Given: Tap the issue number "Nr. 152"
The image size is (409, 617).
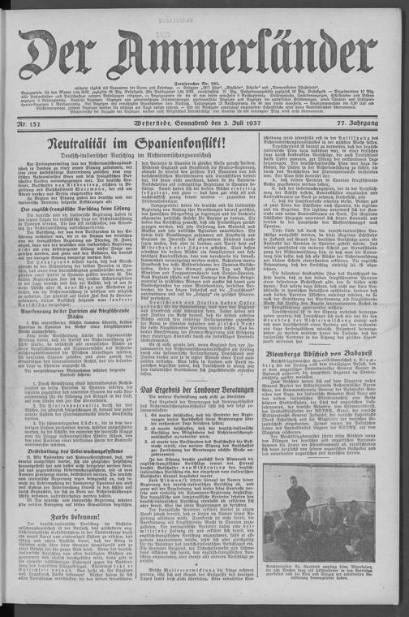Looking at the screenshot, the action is [x=30, y=122].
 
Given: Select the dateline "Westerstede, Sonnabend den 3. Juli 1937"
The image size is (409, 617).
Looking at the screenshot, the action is [x=198, y=122].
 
